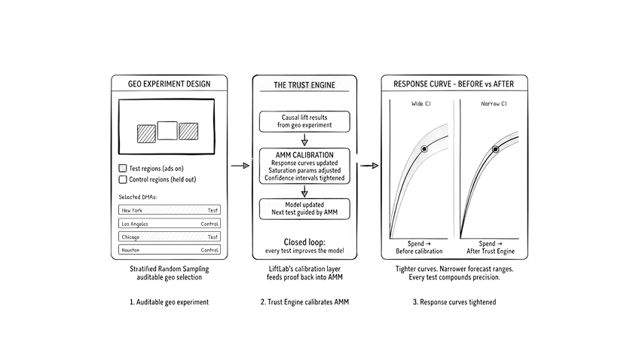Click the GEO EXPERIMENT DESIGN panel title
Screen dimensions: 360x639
[x=169, y=83]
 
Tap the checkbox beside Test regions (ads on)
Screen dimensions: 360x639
[x=123, y=169]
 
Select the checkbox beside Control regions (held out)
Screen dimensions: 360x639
[x=123, y=180]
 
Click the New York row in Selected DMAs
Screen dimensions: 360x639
[x=170, y=210]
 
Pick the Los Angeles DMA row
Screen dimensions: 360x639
[x=170, y=224]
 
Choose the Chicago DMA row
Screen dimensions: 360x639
[x=170, y=236]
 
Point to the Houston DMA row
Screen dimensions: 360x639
[x=170, y=249]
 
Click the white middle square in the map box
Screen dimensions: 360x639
[x=167, y=131]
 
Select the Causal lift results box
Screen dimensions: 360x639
[x=304, y=121]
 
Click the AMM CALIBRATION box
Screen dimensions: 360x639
[x=304, y=166]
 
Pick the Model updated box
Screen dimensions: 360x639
[x=304, y=209]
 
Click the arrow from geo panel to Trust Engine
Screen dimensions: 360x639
[x=240, y=165]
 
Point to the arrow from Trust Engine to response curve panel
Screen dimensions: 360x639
[x=368, y=165]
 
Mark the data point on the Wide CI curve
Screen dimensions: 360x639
[x=424, y=149]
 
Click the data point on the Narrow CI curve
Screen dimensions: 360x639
[x=495, y=149]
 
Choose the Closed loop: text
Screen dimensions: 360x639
[x=304, y=242]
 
